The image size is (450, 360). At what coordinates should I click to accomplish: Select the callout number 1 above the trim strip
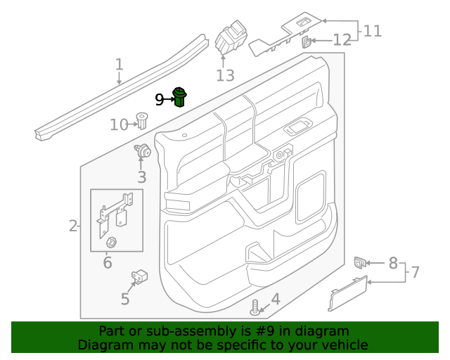click(119, 65)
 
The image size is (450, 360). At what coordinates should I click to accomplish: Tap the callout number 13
click(225, 75)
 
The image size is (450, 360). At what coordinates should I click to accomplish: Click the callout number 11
click(372, 31)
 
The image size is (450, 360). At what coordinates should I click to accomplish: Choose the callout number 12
click(342, 40)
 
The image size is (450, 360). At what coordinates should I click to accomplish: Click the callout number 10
click(119, 124)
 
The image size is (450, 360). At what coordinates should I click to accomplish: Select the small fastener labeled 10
click(141, 120)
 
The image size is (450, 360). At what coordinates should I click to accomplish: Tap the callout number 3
click(141, 177)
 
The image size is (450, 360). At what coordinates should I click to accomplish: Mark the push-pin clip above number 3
click(142, 150)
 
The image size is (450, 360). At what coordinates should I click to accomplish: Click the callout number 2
click(73, 226)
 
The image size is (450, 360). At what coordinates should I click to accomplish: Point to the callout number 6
click(108, 264)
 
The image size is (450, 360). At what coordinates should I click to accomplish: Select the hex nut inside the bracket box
click(110, 244)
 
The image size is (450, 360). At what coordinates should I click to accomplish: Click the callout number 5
click(125, 299)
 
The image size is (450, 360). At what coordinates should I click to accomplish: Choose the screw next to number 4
click(255, 307)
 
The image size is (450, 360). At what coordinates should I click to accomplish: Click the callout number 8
click(393, 263)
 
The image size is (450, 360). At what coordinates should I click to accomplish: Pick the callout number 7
click(415, 271)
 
